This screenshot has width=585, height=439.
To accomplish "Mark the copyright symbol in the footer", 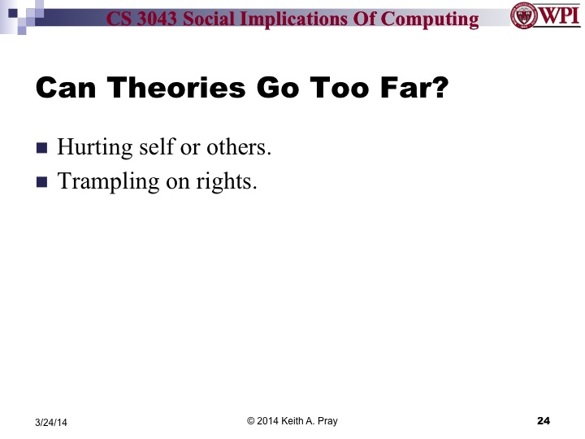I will tap(252, 420).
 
